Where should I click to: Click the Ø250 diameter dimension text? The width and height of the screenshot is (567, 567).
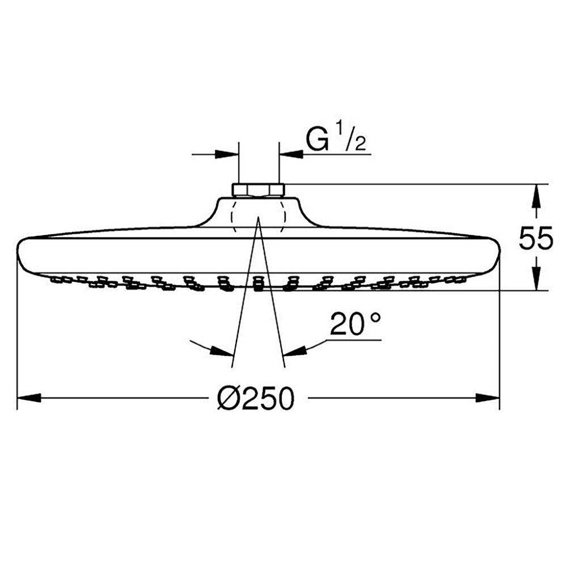click(x=256, y=398)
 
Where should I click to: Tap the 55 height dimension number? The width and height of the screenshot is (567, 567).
click(x=536, y=238)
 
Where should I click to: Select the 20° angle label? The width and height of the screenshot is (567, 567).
click(x=356, y=324)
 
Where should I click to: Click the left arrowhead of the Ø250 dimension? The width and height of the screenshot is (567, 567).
click(x=29, y=398)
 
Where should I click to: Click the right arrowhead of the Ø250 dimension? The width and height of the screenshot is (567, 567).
click(x=488, y=398)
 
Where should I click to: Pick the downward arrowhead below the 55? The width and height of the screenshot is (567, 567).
click(x=536, y=278)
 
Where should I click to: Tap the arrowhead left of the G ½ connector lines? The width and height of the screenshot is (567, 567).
click(x=227, y=154)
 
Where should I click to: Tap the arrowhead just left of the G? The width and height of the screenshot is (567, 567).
click(x=291, y=154)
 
